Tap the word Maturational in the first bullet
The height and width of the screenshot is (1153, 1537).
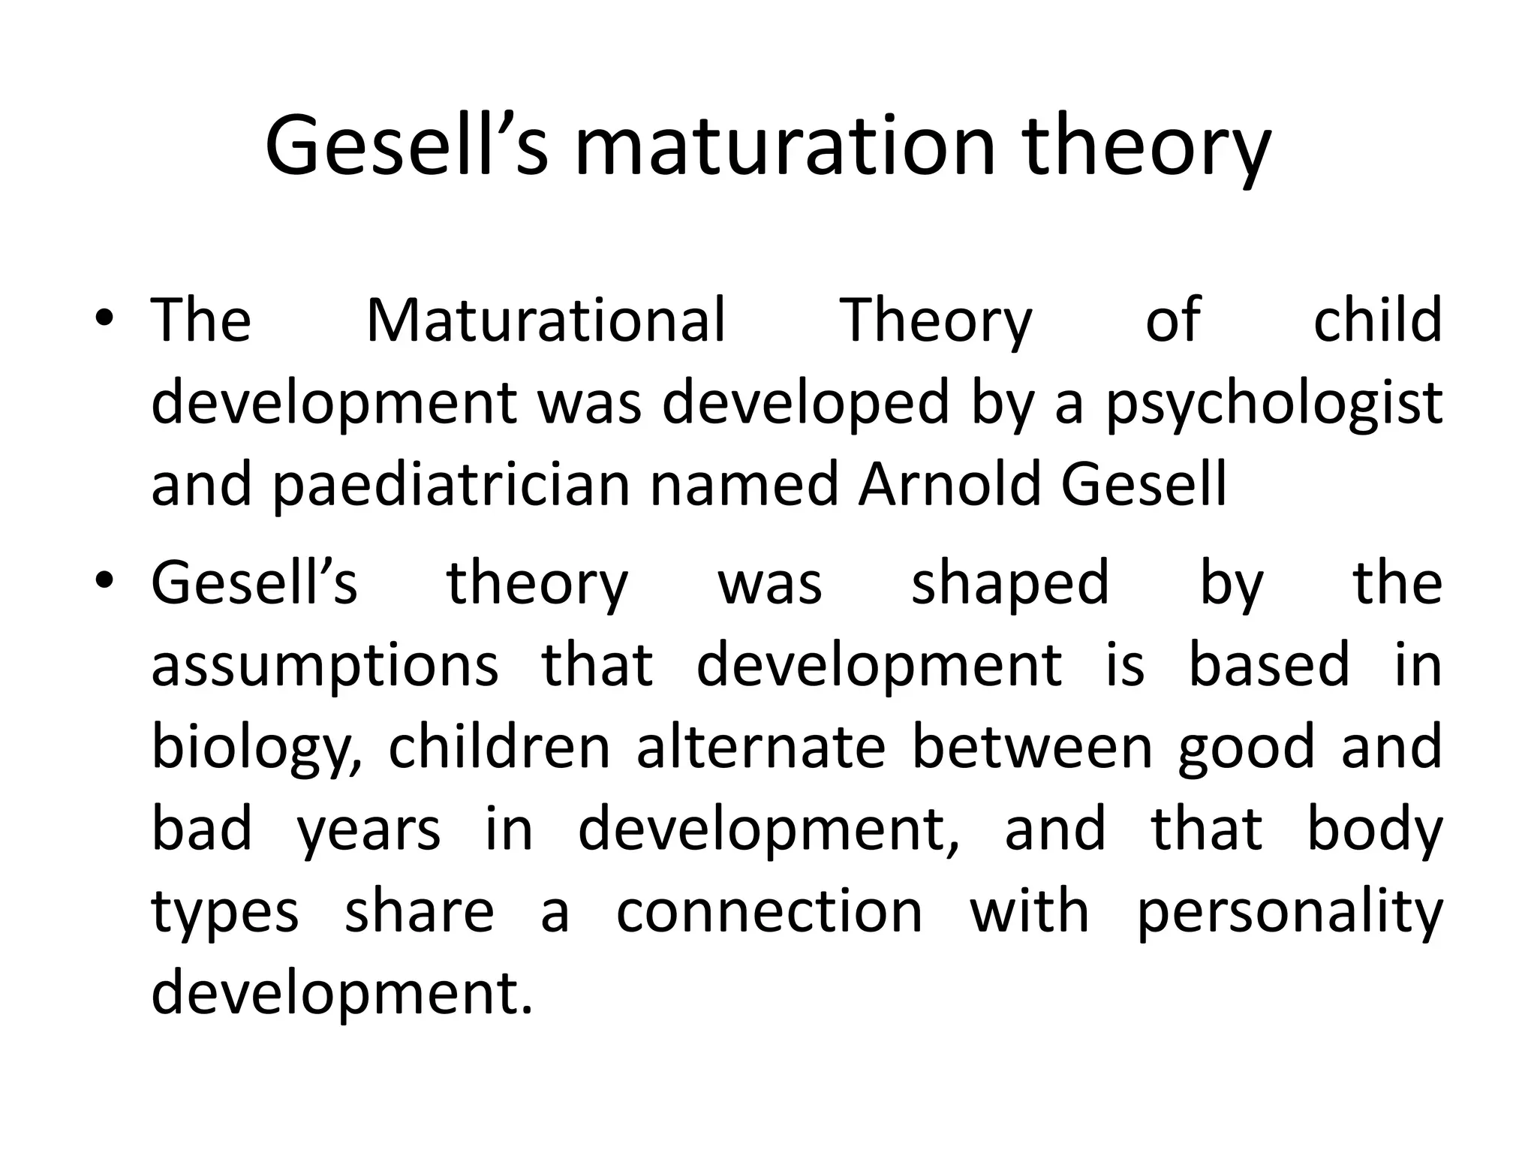pyautogui.click(x=546, y=321)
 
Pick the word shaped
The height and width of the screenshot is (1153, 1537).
pyautogui.click(x=1009, y=583)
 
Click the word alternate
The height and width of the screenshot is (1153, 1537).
pyautogui.click(x=761, y=747)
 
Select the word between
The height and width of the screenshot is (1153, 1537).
pyautogui.click(x=1032, y=747)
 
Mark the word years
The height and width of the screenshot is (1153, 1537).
pyautogui.click(x=368, y=831)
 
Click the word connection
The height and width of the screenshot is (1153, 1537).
pyautogui.click(x=769, y=912)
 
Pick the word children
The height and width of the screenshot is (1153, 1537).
pyautogui.click(x=499, y=747)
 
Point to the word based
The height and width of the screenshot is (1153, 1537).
pyautogui.click(x=1269, y=665)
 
